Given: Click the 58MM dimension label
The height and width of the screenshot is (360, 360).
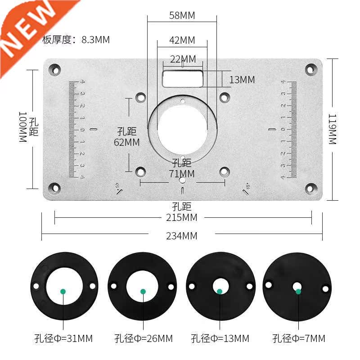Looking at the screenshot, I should click(x=182, y=15).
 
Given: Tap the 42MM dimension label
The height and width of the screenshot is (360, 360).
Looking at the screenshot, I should click(x=182, y=40).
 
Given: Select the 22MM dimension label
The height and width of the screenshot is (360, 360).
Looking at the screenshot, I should click(x=183, y=59).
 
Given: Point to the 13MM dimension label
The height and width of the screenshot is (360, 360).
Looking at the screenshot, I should click(x=242, y=80).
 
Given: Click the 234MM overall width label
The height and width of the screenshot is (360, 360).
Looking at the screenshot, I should click(x=182, y=236).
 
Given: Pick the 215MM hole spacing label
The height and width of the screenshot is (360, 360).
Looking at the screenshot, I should click(x=182, y=218).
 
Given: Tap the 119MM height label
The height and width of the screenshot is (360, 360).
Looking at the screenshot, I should click(x=332, y=129).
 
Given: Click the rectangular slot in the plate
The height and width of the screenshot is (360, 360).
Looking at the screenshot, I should click(x=183, y=78).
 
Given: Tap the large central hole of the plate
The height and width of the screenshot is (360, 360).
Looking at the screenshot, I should click(x=182, y=130).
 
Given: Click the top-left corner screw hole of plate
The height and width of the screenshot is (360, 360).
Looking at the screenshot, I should click(x=55, y=70).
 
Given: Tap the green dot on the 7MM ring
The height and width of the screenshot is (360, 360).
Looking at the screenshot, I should click(x=298, y=291).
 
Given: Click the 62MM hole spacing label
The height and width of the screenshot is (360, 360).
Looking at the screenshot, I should click(x=126, y=142).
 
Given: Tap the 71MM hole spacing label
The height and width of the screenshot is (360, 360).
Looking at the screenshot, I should click(x=182, y=173).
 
